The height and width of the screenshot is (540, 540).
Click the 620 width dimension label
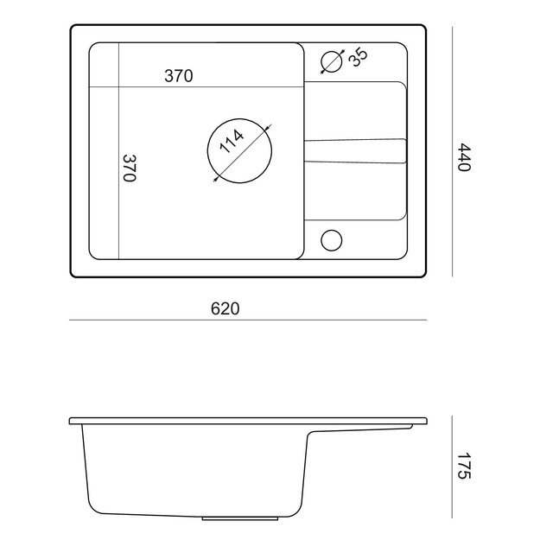pos(225,308)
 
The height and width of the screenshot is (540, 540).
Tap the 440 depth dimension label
pos(464,157)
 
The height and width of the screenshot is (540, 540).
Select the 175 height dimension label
pos(464,466)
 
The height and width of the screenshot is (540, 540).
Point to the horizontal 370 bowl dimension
pos(178,76)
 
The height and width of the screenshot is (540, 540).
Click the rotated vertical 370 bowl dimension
pos(130,168)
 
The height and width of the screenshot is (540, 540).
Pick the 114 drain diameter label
pos(232,142)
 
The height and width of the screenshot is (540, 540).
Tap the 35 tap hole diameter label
pos(358,57)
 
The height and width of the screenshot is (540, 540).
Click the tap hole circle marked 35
pos(331,62)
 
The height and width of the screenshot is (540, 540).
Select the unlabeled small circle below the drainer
pos(331,240)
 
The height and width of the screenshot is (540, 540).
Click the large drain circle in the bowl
pos(239,119)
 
